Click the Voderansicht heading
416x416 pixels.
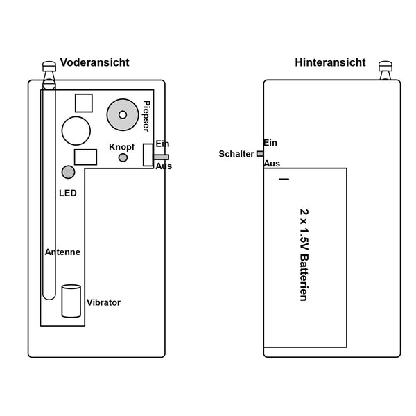pyautogui.click(x=95, y=62)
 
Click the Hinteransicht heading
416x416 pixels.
pyautogui.click(x=330, y=62)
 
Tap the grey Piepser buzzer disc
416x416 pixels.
pyautogui.click(x=123, y=115)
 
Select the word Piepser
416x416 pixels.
pyautogui.click(x=146, y=116)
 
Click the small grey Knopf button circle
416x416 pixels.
pyautogui.click(x=123, y=157)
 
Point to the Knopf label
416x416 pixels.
pyautogui.click(x=122, y=147)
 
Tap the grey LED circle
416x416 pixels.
pyautogui.click(x=68, y=172)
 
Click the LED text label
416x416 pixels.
pyautogui.click(x=68, y=193)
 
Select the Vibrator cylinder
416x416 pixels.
pyautogui.click(x=71, y=301)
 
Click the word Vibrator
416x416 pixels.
pyautogui.click(x=103, y=302)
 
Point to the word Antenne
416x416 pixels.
pyautogui.click(x=62, y=252)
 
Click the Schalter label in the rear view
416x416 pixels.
pyautogui.click(x=236, y=154)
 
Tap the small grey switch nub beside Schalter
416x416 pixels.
pyautogui.click(x=260, y=154)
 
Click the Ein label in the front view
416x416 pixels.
pyautogui.click(x=162, y=144)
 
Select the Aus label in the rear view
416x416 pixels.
pyautogui.click(x=272, y=164)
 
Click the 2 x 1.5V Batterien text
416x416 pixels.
pyautogui.click(x=304, y=255)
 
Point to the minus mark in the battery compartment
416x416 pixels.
pyautogui.click(x=284, y=180)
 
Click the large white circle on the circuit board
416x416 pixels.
pyautogui.click(x=76, y=131)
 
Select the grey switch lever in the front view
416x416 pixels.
pyautogui.click(x=161, y=157)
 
